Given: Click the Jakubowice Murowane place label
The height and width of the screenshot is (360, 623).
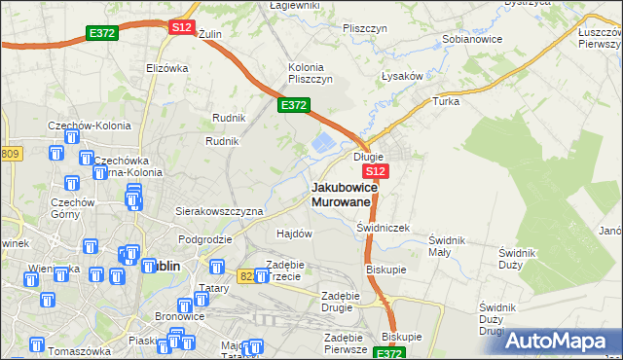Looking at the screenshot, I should coord(342,194).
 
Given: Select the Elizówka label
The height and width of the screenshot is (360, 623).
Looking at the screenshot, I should coord(166,68).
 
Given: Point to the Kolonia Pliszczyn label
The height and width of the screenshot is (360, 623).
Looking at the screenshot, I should coord(311,73).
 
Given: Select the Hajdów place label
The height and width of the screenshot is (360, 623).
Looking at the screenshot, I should coord(294,234).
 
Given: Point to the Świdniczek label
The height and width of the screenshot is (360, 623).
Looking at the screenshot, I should coord(383,228).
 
